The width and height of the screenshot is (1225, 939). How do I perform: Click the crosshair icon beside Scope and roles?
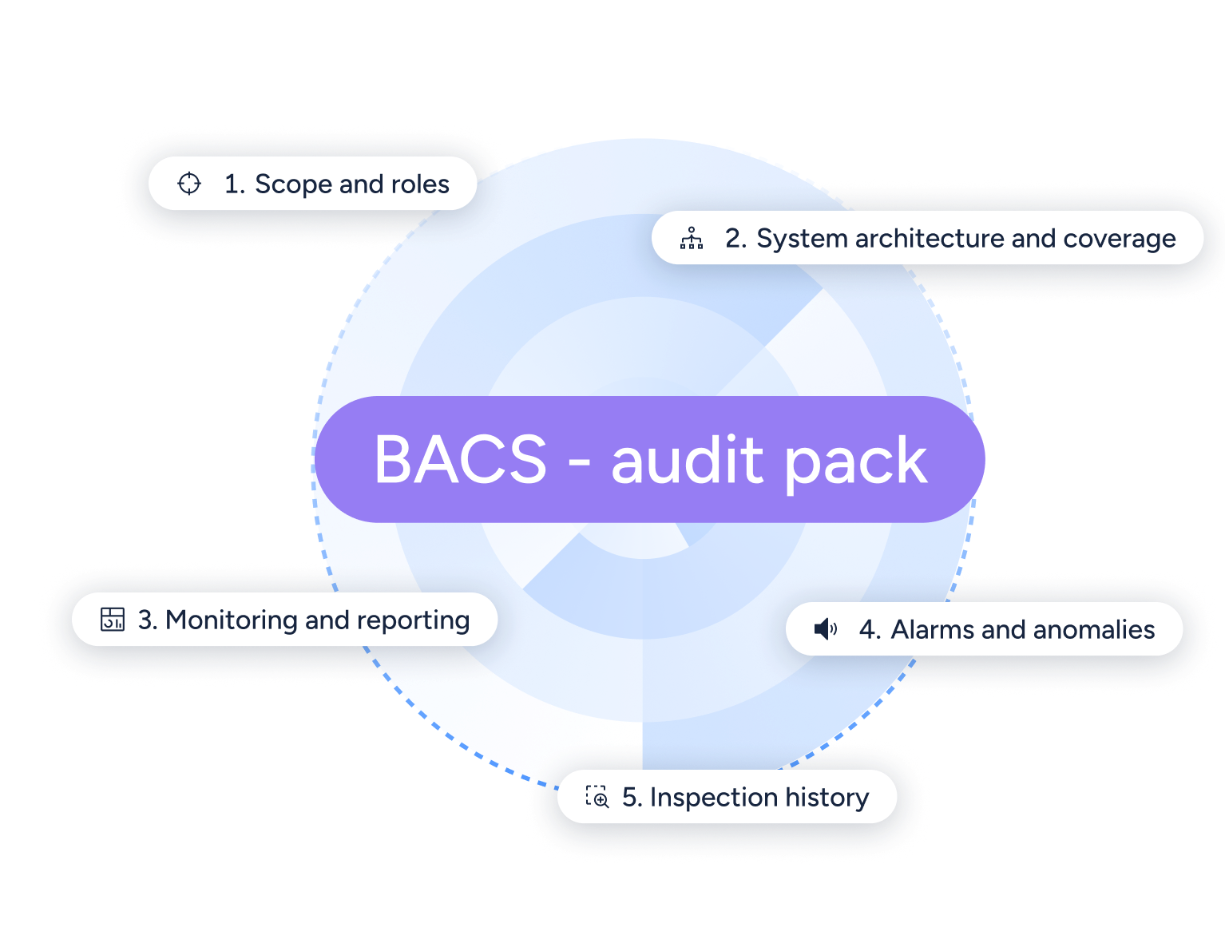coord(189,184)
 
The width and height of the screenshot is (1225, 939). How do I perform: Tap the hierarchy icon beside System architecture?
coord(692,238)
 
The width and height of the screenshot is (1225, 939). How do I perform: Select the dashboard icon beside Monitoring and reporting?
coord(113,620)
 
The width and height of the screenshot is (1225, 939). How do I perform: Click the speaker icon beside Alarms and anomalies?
coord(825,629)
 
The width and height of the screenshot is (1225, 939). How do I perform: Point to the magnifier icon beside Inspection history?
coord(597,797)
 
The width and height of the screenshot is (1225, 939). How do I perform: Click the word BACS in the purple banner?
coord(461,460)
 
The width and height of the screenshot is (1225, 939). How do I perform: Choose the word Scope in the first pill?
coord(293,184)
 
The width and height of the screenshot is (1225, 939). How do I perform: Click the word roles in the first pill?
coord(420,184)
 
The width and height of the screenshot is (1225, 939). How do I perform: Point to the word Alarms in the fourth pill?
coord(932,629)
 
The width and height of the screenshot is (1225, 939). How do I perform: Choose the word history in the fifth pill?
coord(826,797)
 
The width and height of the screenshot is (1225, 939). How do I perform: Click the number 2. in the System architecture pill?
coord(735,238)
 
